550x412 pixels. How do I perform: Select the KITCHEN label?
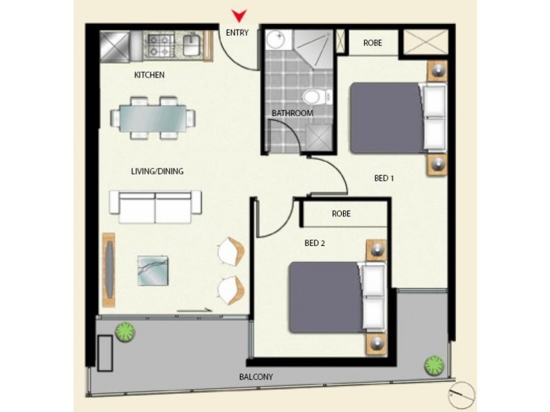149,75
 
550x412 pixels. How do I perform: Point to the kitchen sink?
192,45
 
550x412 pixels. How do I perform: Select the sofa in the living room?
155,207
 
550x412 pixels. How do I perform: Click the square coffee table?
152,270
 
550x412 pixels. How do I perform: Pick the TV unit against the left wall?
109,270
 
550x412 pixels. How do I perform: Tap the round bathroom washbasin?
277,39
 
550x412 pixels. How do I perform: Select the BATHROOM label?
292,113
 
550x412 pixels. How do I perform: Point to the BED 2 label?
315,242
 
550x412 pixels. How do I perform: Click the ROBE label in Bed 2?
341,214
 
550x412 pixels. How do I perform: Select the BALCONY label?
256,377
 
